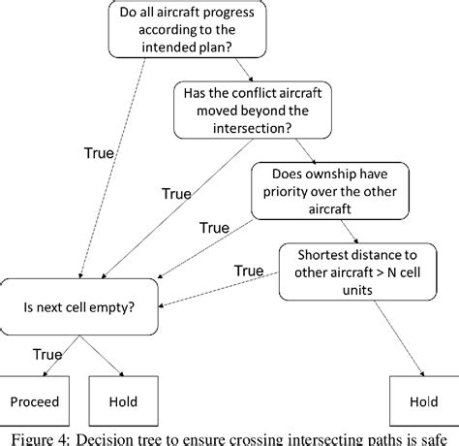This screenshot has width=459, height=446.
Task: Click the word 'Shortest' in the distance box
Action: pyautogui.click(x=316, y=255)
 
